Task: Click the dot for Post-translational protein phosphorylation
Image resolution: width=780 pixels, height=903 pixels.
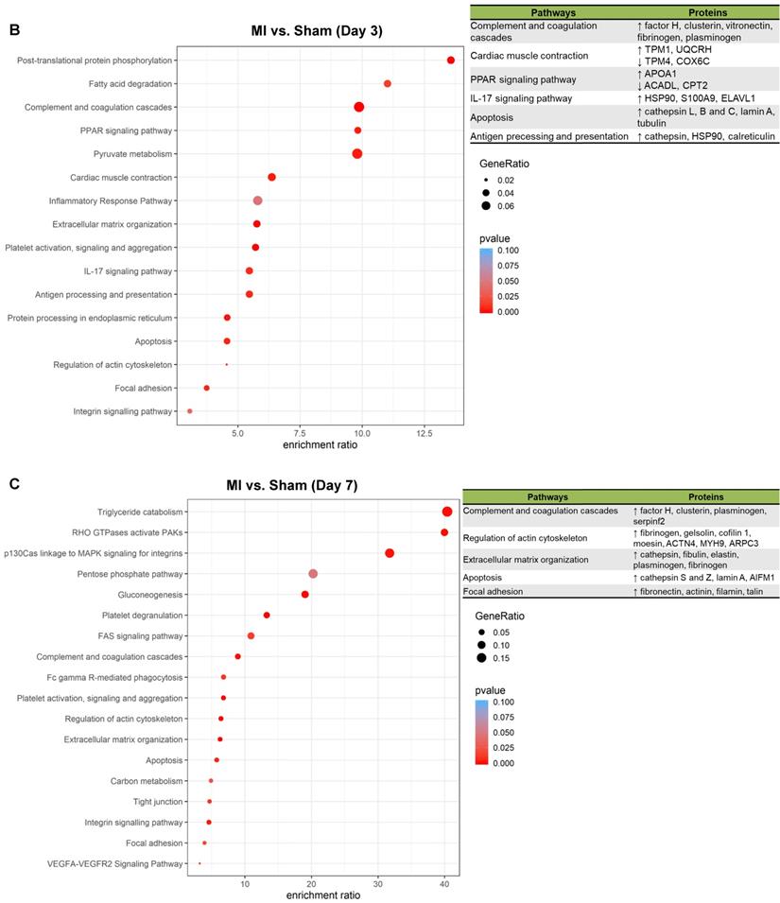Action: tap(451, 61)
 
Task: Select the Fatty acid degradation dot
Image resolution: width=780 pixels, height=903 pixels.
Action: tap(388, 84)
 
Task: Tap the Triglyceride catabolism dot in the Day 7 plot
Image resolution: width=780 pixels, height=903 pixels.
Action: tap(447, 512)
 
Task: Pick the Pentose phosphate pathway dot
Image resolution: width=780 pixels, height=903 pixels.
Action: tap(313, 574)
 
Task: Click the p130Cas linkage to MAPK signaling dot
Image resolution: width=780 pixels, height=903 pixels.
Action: tap(390, 553)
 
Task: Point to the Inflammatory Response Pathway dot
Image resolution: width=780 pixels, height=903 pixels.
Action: tap(258, 200)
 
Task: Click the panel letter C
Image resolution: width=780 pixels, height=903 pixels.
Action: tap(14, 484)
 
